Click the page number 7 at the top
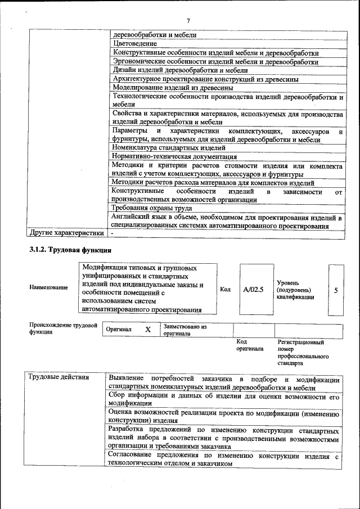(189, 21)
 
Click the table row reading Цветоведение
(134, 43)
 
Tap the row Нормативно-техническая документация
(174, 157)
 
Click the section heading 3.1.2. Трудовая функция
(70, 250)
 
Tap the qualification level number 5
(336, 290)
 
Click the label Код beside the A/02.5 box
(226, 290)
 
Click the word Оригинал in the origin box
(119, 330)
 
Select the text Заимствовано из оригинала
(185, 330)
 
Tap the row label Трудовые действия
(59, 377)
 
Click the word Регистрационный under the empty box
(301, 342)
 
